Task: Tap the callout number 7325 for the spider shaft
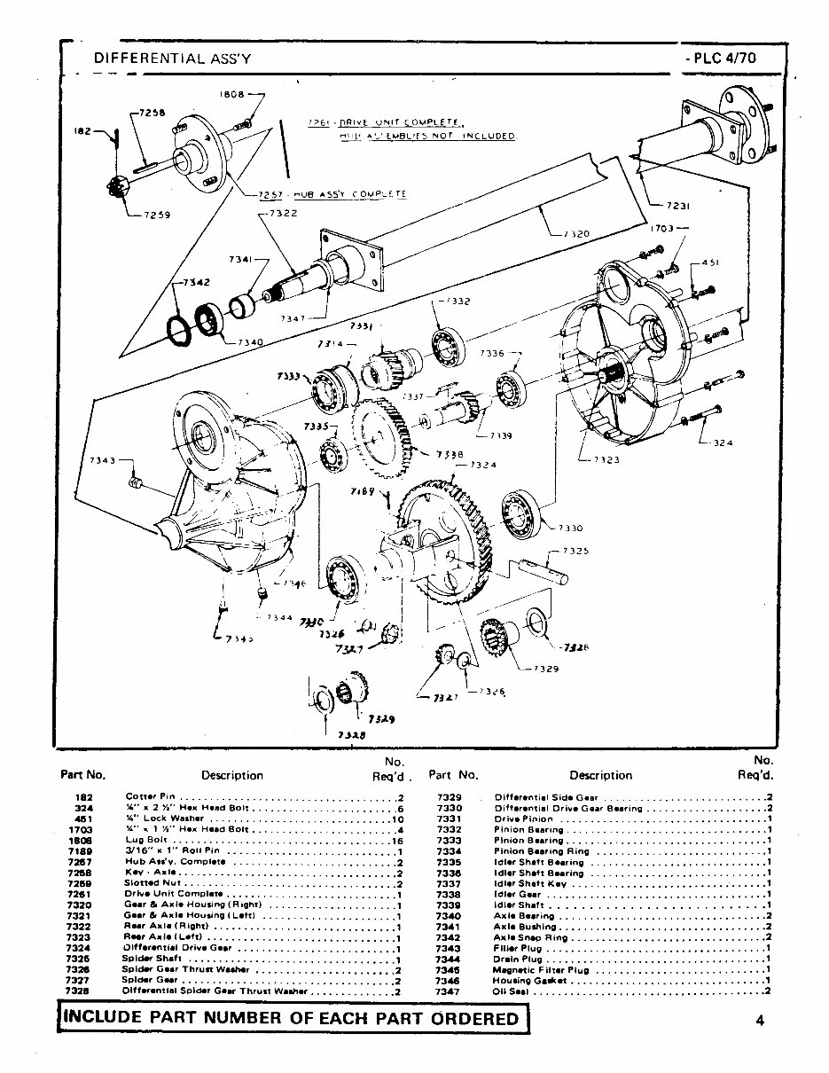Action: pyautogui.click(x=575, y=551)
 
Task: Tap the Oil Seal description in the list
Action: pyautogui.click(x=512, y=991)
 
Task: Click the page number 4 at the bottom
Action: pyautogui.click(x=761, y=1019)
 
